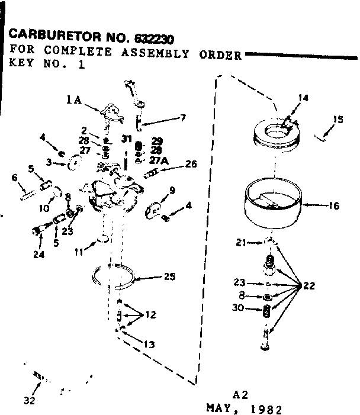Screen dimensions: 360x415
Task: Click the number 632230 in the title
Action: pyautogui.click(x=154, y=39)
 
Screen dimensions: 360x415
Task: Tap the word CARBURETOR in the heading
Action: pyautogui.click(x=54, y=35)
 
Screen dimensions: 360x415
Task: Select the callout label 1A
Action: pyautogui.click(x=74, y=100)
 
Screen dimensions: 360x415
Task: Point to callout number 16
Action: pyautogui.click(x=334, y=205)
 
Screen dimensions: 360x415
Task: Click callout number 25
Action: pyautogui.click(x=170, y=276)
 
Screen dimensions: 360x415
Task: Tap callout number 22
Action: pyautogui.click(x=309, y=286)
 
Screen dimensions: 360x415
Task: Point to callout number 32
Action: pyautogui.click(x=29, y=401)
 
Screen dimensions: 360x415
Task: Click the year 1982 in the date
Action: pyautogui.click(x=266, y=410)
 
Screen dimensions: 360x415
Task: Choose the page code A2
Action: pyautogui.click(x=240, y=395)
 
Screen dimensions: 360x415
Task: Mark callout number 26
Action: pyautogui.click(x=191, y=164)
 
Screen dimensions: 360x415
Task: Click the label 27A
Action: pyautogui.click(x=159, y=160)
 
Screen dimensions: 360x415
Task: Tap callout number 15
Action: pyautogui.click(x=338, y=120)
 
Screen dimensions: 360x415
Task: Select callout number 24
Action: pyautogui.click(x=39, y=255)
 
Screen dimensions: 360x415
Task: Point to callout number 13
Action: pyautogui.click(x=149, y=345)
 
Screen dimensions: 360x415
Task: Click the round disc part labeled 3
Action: pyautogui.click(x=75, y=162)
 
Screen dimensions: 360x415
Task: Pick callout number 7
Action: pyautogui.click(x=183, y=118)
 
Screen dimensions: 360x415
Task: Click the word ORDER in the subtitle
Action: pyautogui.click(x=220, y=55)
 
